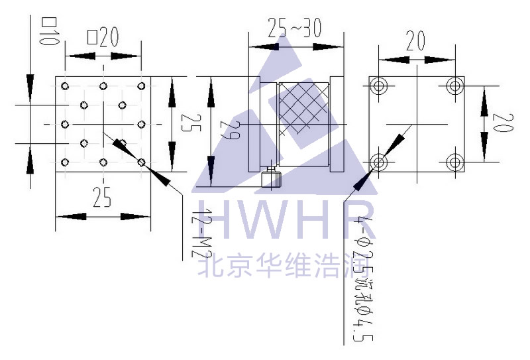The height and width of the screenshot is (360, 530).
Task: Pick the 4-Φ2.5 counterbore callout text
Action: (364, 278)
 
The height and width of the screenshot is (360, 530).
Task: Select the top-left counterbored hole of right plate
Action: (380, 86)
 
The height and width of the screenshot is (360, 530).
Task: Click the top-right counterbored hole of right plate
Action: (454, 86)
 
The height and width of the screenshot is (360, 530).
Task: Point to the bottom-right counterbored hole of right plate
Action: (454, 161)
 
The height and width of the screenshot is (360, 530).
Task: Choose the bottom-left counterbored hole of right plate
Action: (380, 161)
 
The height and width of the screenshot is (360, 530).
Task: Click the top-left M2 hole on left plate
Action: (65, 86)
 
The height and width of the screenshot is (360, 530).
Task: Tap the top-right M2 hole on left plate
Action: (141, 86)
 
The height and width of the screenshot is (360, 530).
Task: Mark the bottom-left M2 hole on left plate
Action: (65, 162)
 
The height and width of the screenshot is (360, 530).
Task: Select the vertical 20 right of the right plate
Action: (502, 123)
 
